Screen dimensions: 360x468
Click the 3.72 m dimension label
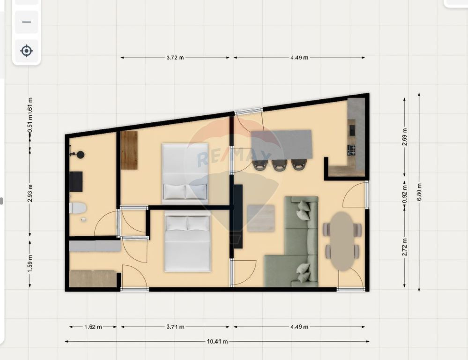click(175, 58)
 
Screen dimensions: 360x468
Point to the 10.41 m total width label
click(217, 342)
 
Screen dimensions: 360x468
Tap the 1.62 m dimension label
click(93, 327)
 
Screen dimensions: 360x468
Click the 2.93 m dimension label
click(30, 195)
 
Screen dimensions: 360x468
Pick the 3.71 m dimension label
click(175, 327)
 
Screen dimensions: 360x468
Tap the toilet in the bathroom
click(78, 208)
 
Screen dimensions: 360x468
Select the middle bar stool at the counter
click(279, 165)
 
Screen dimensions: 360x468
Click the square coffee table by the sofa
click(261, 218)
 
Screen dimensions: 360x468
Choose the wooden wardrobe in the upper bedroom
click(129, 150)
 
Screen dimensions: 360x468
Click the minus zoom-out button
click(26, 22)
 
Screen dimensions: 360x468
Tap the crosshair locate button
click(26, 51)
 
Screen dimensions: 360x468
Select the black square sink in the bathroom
click(76, 181)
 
